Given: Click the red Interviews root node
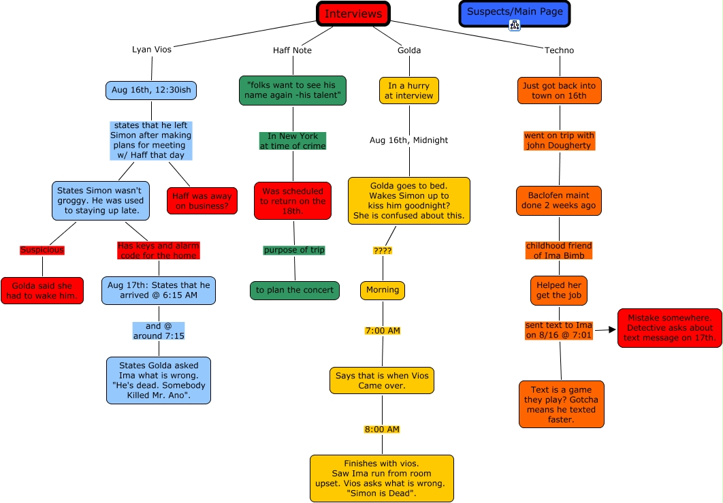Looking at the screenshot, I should [x=353, y=14].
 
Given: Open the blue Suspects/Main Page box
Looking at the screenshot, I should [x=514, y=13].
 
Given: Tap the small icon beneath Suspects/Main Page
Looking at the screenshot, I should [x=515, y=25].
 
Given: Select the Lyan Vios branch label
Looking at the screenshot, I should [x=151, y=50].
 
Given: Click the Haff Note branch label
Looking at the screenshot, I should [x=292, y=50].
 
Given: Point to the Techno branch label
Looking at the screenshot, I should [x=559, y=50].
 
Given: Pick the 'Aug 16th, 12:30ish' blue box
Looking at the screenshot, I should [x=151, y=91].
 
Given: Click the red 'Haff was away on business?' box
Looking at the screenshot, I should [x=202, y=201].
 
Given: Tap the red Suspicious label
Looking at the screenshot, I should [x=42, y=250].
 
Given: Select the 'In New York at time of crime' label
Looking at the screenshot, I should [x=293, y=141].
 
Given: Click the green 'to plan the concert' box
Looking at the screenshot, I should [x=295, y=290].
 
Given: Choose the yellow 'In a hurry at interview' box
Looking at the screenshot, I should [x=408, y=91].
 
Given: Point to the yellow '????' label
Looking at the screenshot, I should [x=382, y=250].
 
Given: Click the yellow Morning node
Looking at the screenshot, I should [x=382, y=290].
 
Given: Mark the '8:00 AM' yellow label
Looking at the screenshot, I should [x=382, y=429].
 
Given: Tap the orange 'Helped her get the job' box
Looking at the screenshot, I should [x=558, y=290].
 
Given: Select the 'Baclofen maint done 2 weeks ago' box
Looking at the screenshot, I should [x=558, y=201].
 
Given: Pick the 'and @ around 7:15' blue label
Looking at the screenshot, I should [x=159, y=331].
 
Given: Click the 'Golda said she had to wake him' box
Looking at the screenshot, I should [x=42, y=290].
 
